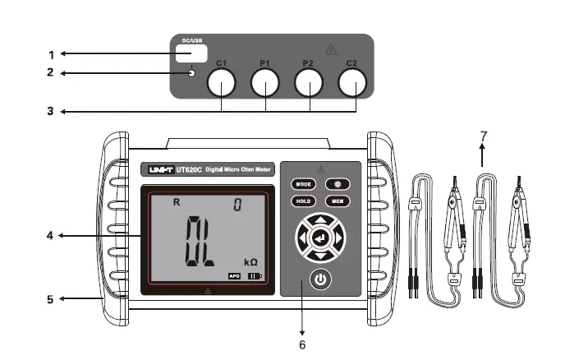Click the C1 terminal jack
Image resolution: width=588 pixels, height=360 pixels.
tap(222, 83)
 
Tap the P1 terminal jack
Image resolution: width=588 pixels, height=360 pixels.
tap(265, 83)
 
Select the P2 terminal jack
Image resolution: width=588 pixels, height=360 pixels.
tap(309, 83)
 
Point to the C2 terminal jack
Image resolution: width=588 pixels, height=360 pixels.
tap(352, 83)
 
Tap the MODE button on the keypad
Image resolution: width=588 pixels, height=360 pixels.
tap(304, 183)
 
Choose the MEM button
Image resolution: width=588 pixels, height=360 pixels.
tap(338, 201)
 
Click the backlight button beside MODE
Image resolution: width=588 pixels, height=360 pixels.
tap(338, 183)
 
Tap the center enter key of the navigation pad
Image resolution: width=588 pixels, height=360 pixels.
tap(320, 238)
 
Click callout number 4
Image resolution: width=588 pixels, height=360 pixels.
tap(51, 236)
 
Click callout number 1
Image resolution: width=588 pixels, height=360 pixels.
tap(51, 54)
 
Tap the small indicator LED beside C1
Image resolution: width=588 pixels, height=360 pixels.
tap(192, 74)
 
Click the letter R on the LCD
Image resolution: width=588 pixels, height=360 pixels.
tap(174, 201)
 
